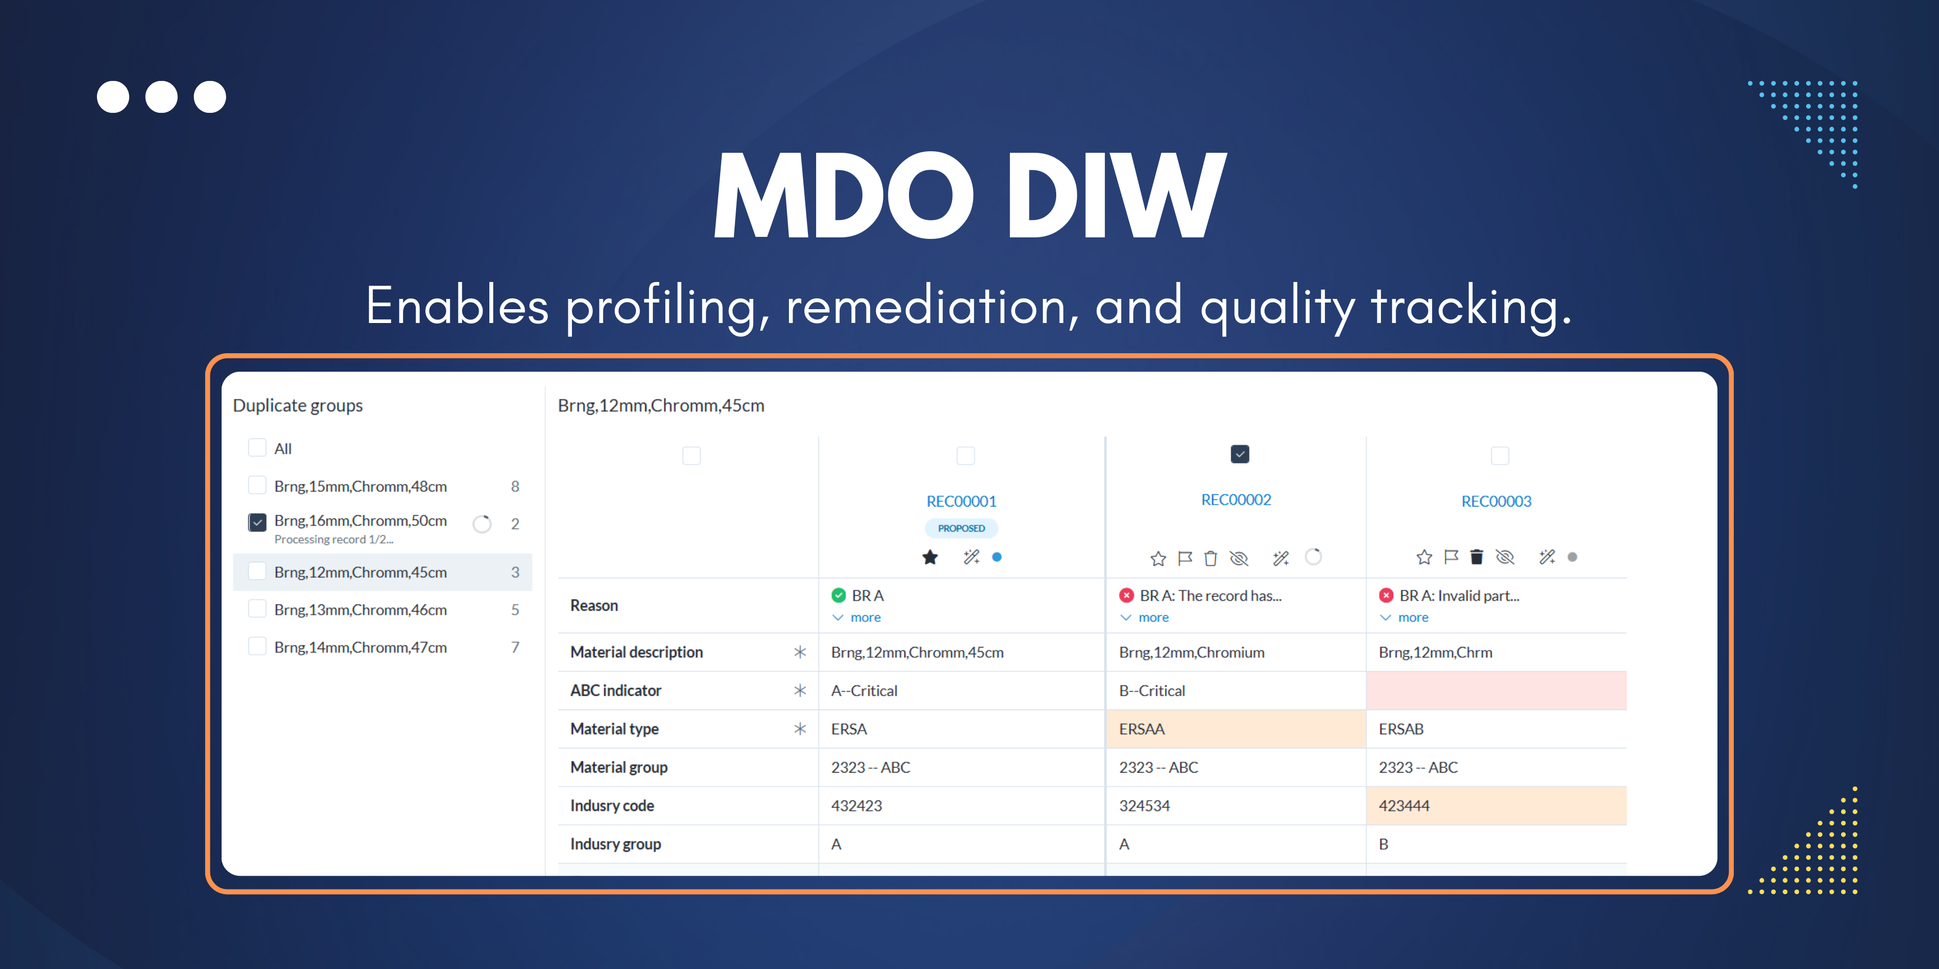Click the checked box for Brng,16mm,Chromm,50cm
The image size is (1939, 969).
point(256,521)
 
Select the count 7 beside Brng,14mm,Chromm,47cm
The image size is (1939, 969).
point(515,647)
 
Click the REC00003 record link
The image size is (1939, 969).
point(1496,501)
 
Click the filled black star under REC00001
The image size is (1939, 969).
point(931,557)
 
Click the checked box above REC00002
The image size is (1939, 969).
point(1239,454)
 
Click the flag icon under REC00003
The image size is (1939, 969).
point(1451,557)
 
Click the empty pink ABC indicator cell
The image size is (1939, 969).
point(1496,691)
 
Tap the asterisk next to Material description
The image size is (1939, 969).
point(799,652)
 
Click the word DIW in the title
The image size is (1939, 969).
point(1116,196)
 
